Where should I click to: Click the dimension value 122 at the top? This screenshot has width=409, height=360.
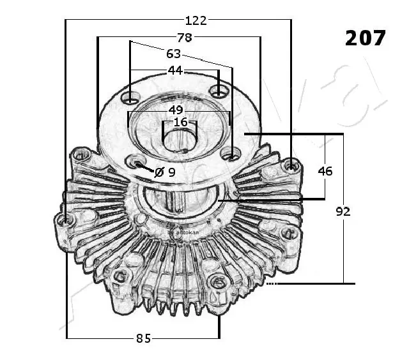tap(196, 20)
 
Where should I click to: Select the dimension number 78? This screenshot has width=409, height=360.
tap(184, 38)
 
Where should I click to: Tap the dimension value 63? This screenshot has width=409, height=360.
tap(173, 54)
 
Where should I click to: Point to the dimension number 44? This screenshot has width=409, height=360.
tap(175, 70)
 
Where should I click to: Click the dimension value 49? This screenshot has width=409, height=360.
tap(176, 110)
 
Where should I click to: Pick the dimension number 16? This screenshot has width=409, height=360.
tap(181, 122)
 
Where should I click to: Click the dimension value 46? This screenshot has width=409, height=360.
tap(325, 170)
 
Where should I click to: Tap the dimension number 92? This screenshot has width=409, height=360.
tap(343, 211)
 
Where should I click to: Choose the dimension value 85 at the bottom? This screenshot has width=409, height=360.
tap(143, 339)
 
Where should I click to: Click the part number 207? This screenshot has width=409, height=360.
tap(366, 38)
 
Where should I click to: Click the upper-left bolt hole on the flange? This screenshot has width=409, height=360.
tap(131, 99)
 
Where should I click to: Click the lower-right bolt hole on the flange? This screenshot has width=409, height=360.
tap(232, 154)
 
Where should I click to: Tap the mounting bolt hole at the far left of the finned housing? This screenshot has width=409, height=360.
tap(65, 220)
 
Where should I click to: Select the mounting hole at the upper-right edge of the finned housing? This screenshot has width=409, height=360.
tap(291, 166)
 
